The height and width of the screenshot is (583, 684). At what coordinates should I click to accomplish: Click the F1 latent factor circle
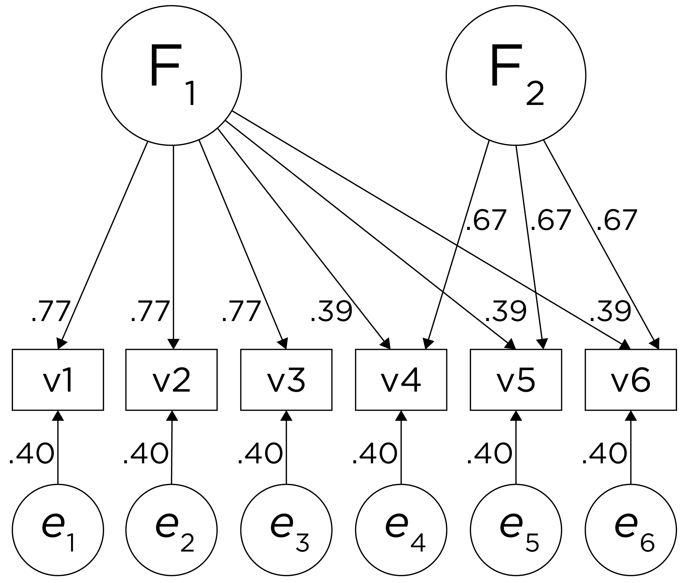[x=171, y=76]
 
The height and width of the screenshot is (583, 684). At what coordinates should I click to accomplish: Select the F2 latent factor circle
[x=516, y=76]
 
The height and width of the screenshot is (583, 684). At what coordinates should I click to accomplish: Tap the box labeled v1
[x=58, y=380]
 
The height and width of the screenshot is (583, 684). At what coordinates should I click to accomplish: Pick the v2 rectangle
[x=171, y=380]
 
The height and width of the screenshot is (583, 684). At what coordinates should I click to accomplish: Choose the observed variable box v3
[x=286, y=380]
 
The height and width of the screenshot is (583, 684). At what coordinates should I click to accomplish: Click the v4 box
[x=401, y=380]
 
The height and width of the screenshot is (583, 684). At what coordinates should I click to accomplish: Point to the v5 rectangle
[x=516, y=380]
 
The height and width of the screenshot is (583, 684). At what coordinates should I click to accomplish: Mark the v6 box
[x=631, y=380]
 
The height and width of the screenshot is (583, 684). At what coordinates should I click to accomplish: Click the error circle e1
[x=58, y=530]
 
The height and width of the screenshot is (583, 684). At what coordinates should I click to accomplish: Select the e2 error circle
[x=171, y=530]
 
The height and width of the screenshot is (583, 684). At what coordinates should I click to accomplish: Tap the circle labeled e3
[x=286, y=530]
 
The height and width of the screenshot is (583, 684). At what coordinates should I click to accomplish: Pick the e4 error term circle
[x=401, y=530]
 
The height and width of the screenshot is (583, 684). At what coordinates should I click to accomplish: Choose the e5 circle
[x=516, y=530]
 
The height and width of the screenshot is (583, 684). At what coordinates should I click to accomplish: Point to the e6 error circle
[x=631, y=530]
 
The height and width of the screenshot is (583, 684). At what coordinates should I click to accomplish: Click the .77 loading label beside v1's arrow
[x=51, y=311]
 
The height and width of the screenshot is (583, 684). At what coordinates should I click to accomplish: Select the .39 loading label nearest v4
[x=331, y=311]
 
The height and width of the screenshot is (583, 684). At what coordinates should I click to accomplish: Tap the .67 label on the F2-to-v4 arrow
[x=485, y=220]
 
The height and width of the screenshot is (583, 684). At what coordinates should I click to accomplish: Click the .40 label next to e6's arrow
[x=604, y=454]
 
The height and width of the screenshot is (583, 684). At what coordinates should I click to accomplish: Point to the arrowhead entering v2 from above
[x=173, y=344]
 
